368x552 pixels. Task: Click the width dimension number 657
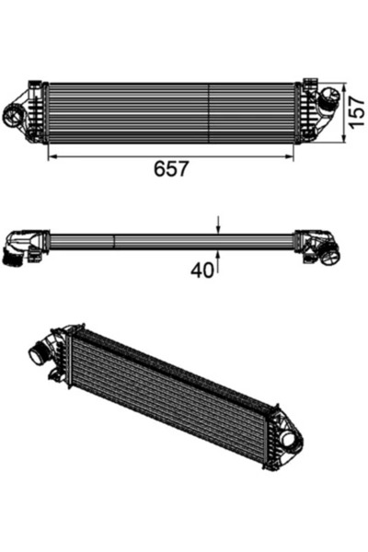click(x=171, y=170)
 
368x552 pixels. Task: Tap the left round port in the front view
click(x=16, y=117)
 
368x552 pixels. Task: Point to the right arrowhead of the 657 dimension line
click(x=293, y=156)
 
